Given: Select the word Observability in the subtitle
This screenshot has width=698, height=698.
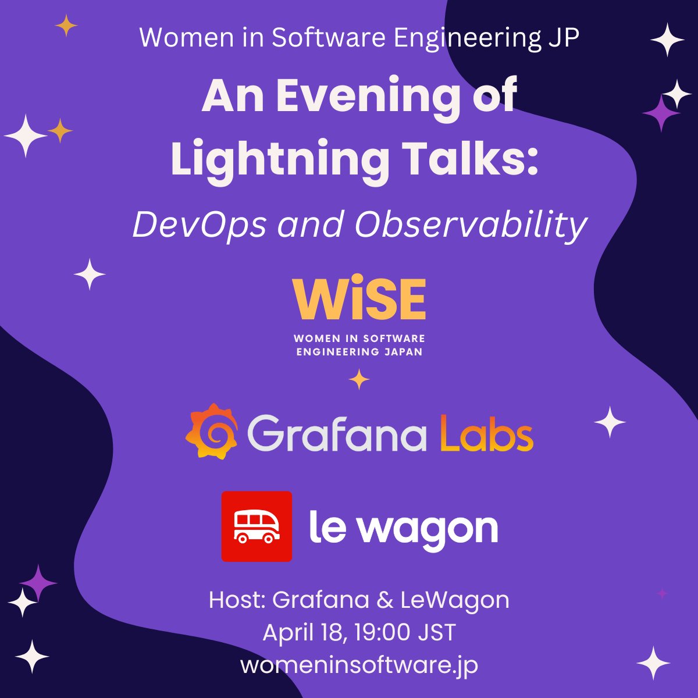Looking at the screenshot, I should (x=471, y=225).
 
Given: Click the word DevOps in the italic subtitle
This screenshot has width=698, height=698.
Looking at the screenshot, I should (x=200, y=225).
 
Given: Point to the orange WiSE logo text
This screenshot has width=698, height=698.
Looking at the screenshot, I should (x=359, y=299).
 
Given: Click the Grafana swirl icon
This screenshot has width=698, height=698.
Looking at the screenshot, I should (x=212, y=431).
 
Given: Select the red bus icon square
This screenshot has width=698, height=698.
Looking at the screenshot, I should (x=257, y=526).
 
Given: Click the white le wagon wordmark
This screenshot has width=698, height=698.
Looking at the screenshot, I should (x=403, y=528).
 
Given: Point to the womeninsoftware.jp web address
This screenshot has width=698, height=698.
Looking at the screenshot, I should (x=359, y=665).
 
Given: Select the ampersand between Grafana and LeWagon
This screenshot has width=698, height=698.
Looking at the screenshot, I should (x=384, y=600).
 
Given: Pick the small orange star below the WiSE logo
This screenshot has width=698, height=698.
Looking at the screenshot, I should (x=359, y=379).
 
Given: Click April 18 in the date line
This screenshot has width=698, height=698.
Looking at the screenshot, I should (x=304, y=633).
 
